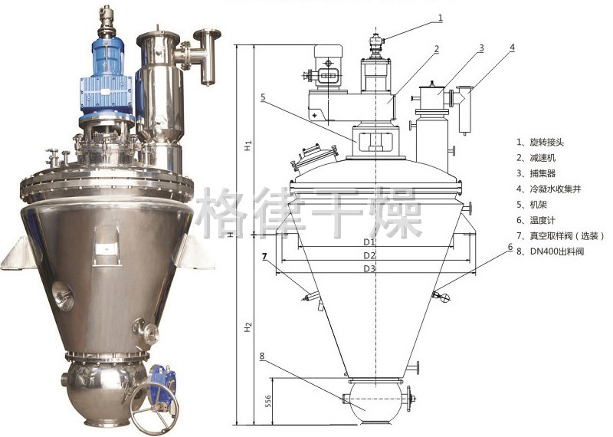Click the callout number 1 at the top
coord(441,18)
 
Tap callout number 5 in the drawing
coord(263,97)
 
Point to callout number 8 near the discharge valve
coord(262,356)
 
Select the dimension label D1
coord(369,242)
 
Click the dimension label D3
coord(369,268)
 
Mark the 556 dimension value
coord(267,401)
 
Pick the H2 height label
coord(247,327)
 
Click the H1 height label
coord(247,146)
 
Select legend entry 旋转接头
coord(547,142)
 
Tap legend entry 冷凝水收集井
coord(556,189)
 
